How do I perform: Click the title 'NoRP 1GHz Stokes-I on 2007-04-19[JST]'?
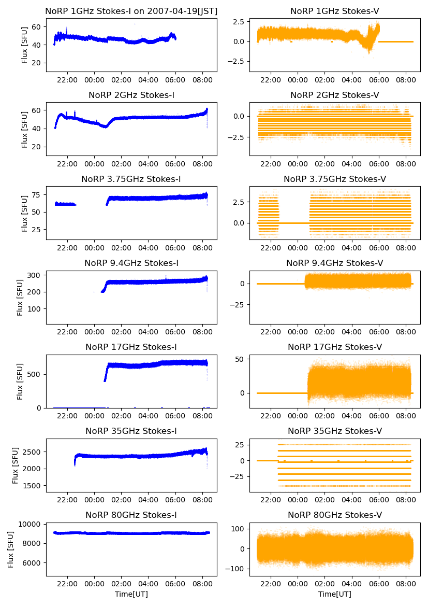(131, 11)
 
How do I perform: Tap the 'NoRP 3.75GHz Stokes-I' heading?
(131, 179)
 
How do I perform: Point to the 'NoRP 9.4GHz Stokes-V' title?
(334, 263)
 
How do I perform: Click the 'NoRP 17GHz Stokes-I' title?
(131, 347)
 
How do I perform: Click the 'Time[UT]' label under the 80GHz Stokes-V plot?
(334, 594)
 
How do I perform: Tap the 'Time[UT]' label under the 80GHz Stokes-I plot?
(131, 594)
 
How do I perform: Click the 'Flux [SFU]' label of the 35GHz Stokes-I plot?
(16, 466)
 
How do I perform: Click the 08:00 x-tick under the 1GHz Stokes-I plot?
(202, 81)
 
